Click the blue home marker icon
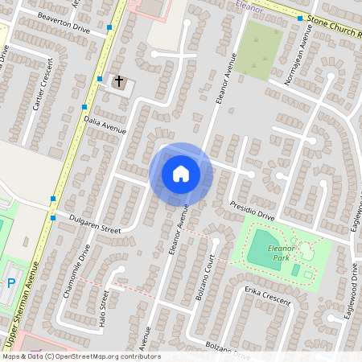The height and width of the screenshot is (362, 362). pos(180,173)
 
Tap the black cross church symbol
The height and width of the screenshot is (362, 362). pos(119,81)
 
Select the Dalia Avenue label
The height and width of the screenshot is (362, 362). pos(105,123)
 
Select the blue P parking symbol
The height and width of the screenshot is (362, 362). pos(10,282)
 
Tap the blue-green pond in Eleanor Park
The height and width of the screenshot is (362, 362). pos(264,242)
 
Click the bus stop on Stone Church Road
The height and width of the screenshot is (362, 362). pos(299,19)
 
